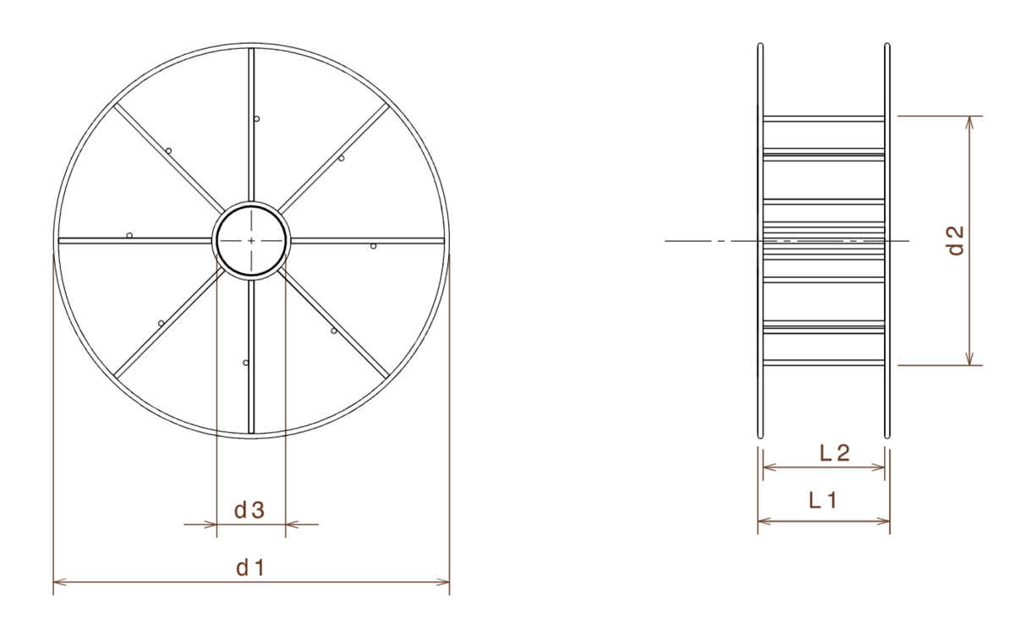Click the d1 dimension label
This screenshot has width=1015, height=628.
pos(250,568)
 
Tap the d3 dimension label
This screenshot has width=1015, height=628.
pos(250,510)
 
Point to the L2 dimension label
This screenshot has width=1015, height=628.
pos(835,453)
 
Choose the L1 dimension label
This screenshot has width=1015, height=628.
pos(822,500)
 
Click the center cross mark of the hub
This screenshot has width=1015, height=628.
pos(251,241)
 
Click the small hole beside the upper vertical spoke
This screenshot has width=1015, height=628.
pos(257,118)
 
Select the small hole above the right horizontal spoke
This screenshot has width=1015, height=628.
pos(372,247)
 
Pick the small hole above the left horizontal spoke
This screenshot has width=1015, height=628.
pos(129,233)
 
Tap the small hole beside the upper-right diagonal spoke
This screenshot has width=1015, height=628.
pos(341,158)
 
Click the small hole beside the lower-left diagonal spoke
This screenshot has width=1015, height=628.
pos(160,322)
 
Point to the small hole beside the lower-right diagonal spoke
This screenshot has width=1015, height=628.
pos(333,331)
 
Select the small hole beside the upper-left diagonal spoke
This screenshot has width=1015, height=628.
pos(169,150)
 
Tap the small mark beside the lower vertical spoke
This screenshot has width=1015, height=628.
pos(244,363)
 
